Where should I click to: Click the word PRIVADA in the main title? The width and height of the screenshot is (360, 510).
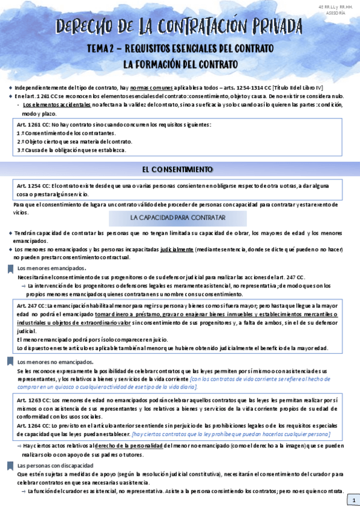click(267, 26)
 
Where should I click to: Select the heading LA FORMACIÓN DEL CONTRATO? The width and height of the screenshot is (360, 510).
click(180, 63)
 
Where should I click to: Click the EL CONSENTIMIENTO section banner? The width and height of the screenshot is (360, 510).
click(180, 169)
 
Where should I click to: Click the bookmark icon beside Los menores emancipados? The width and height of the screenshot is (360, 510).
click(10, 269)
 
